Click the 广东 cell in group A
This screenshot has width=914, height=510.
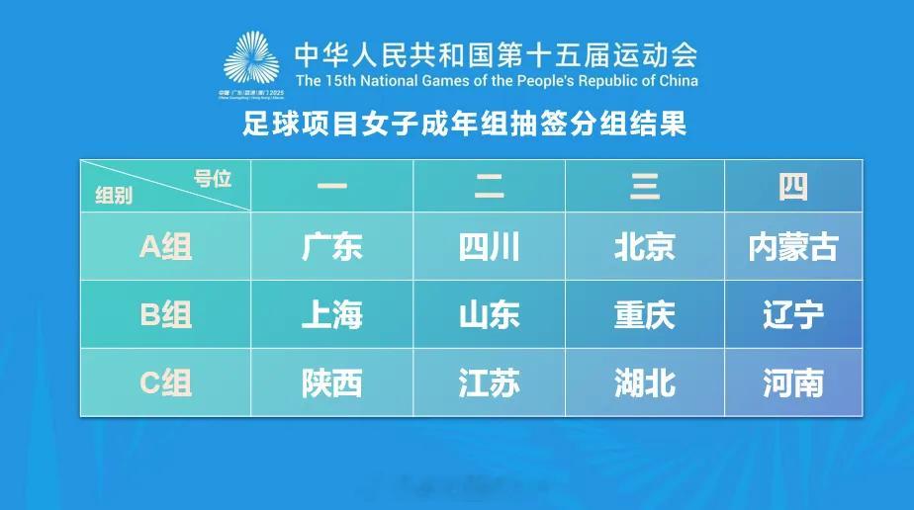332,247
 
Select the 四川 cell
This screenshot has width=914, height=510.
489,247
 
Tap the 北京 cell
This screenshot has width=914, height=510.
644,247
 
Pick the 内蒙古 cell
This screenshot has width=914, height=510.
793,247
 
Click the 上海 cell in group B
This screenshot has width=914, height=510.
332,315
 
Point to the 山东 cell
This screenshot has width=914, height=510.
489,315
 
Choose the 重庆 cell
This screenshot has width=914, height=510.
644,315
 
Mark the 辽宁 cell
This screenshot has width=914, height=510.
793,315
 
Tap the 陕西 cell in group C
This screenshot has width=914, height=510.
332,383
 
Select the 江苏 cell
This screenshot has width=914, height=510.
489,383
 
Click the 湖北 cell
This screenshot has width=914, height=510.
644,383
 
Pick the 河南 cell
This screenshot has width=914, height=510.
793,383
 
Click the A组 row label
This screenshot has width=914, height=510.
165,247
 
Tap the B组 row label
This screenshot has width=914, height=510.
165,315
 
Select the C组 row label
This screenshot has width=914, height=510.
165,383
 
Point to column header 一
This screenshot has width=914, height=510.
332,187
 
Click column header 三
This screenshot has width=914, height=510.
644,187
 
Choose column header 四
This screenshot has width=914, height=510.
793,187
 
